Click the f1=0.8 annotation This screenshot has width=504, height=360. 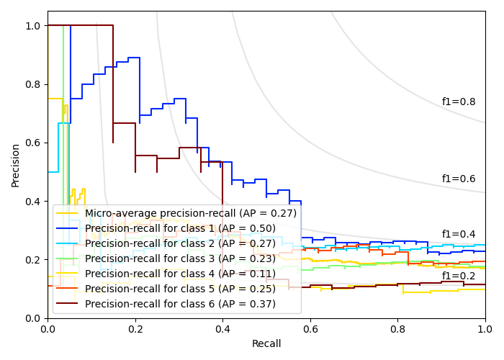pos(459,102)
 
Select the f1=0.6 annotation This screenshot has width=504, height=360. pos(459,179)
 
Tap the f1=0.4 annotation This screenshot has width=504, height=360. pos(459,234)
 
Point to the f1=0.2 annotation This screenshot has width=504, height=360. pos(459,276)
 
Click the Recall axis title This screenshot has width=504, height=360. pos(266,344)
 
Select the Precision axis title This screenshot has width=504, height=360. pos(16,164)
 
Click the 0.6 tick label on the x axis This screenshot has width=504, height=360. pos(310,328)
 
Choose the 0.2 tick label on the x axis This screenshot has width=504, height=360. pos(135,328)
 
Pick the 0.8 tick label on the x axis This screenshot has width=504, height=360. pos(397,328)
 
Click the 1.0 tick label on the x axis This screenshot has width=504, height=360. pos(485,328)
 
